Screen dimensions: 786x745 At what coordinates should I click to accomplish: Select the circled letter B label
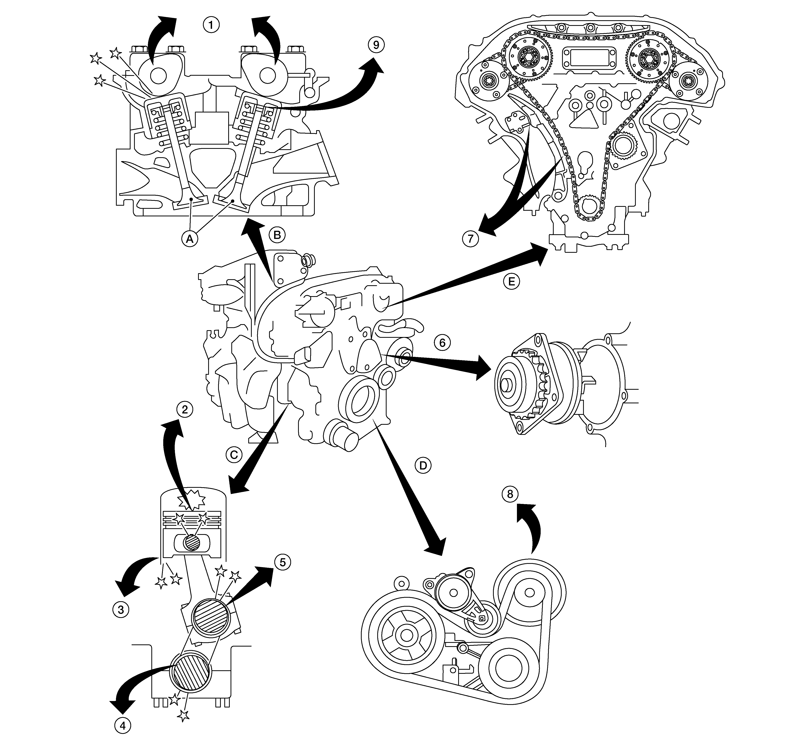pos(277,235)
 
